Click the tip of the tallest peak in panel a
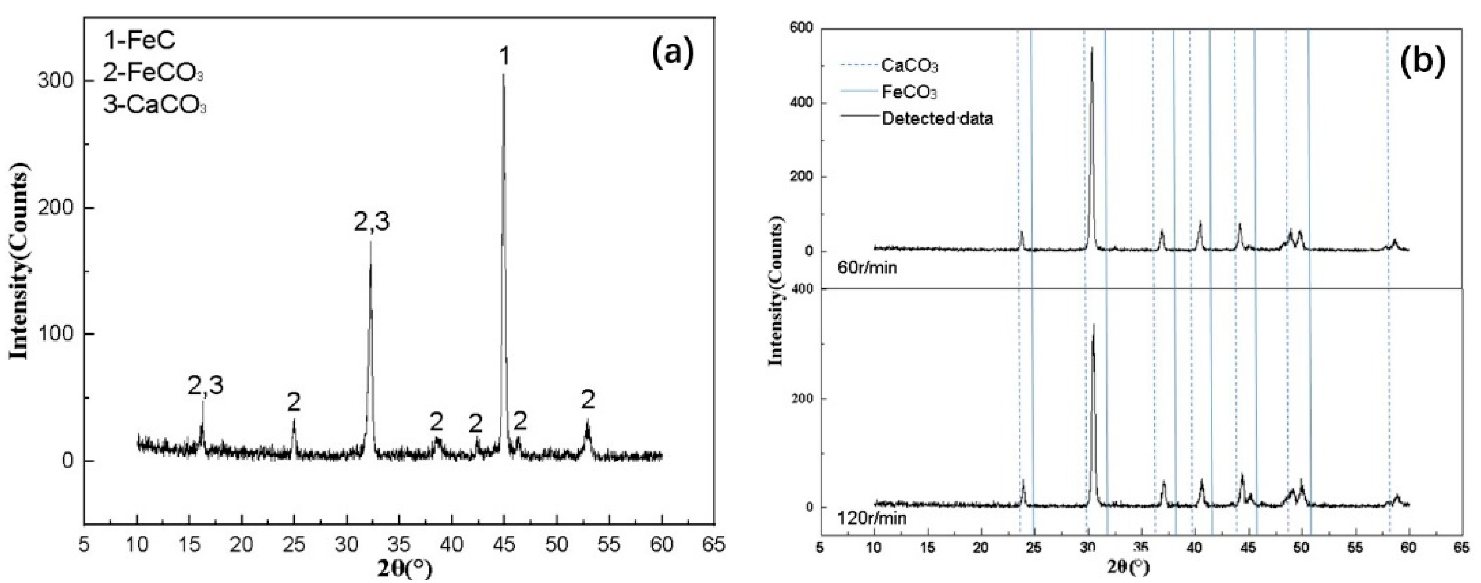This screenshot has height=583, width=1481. [504, 75]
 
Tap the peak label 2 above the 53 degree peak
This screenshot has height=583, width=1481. [588, 400]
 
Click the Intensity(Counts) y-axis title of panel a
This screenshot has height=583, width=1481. [20, 261]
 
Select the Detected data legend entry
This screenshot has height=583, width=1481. [937, 119]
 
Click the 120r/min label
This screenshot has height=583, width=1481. [872, 519]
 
